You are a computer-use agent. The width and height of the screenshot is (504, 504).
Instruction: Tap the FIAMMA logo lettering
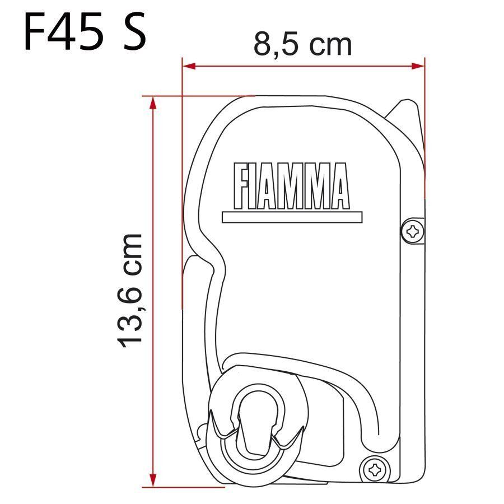pyautogui.click(x=291, y=185)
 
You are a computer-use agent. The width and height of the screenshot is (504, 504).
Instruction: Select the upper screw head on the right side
pyautogui.click(x=413, y=230)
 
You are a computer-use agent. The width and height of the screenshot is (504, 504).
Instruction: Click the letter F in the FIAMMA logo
pyautogui.click(x=239, y=185)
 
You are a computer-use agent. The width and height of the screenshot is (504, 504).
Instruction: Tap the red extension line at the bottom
pyautogui.click(x=185, y=486)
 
